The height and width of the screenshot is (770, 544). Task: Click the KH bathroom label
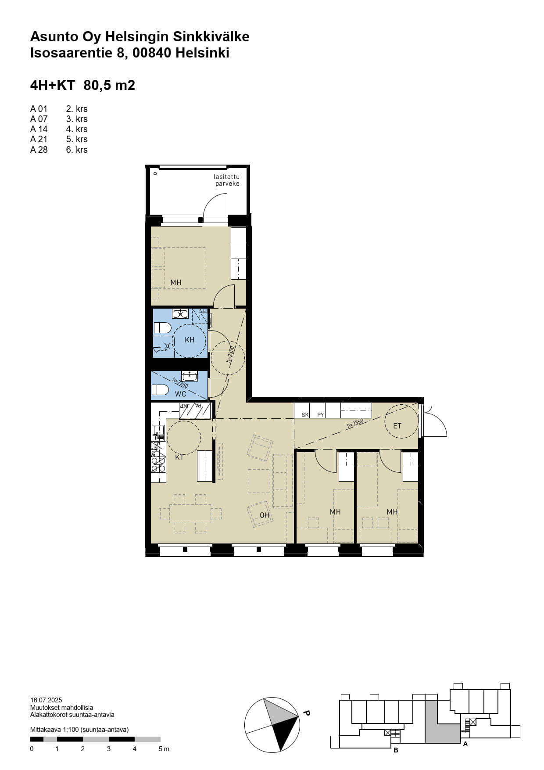tap(190, 340)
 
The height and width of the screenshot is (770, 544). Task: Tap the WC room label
tap(181, 394)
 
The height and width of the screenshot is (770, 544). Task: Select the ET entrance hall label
tap(397, 425)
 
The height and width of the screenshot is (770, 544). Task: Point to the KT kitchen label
tap(179, 457)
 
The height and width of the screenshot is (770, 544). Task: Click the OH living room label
tap(265, 515)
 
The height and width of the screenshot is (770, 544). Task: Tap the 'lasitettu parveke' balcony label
tap(227, 180)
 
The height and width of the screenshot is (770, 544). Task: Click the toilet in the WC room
tap(160, 389)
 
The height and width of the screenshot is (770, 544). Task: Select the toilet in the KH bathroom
tap(162, 327)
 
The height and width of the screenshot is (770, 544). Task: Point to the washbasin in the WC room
tap(190, 376)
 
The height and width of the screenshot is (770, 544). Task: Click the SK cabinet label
tap(305, 415)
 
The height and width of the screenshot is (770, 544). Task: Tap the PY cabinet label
tap(321, 415)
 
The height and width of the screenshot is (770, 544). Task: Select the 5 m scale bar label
tap(164, 749)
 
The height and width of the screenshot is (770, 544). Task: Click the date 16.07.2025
tap(46, 700)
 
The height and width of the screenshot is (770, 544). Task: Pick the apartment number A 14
tap(39, 129)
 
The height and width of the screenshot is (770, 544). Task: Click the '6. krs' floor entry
tap(77, 150)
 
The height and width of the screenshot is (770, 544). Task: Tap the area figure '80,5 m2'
tap(109, 85)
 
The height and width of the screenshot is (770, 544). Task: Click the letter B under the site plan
tap(396, 750)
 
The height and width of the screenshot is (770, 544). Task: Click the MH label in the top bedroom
tap(176, 282)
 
